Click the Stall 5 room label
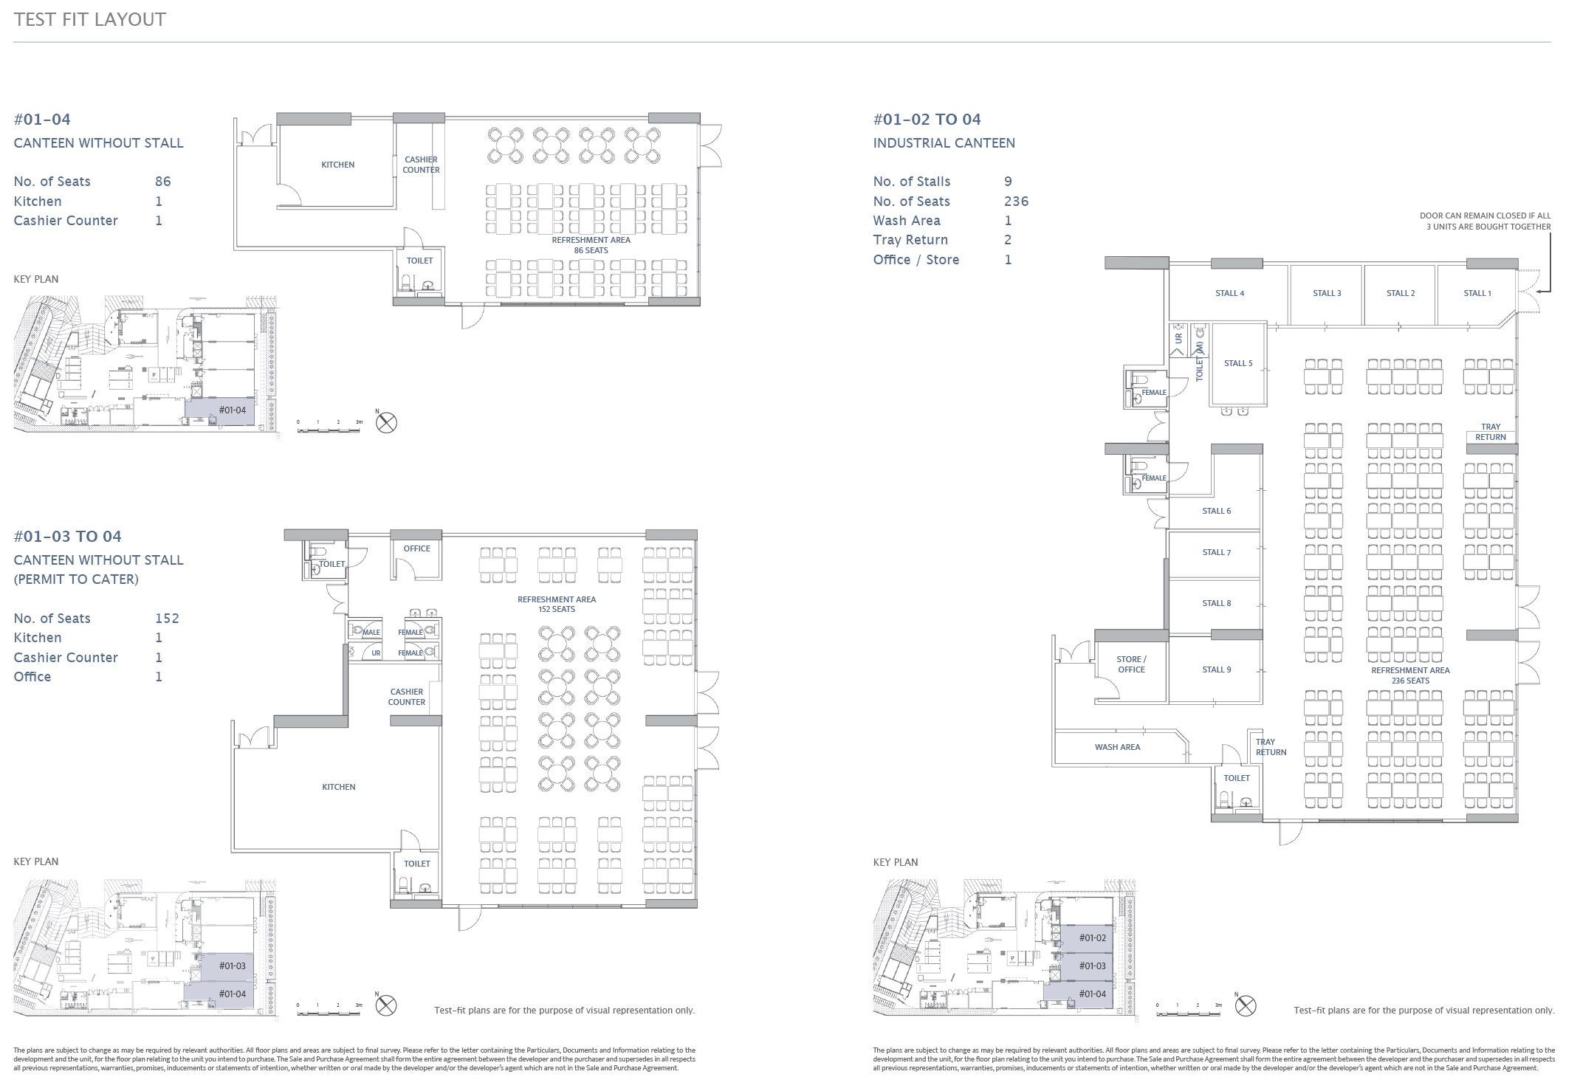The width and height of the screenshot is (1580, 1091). tap(1238, 363)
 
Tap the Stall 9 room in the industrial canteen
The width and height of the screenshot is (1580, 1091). tap(1216, 670)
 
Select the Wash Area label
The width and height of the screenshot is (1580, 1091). tap(1117, 747)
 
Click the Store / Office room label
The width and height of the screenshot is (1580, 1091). tap(1131, 664)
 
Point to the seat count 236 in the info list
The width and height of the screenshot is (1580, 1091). tap(1016, 202)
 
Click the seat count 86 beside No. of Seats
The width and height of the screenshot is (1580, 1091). tap(162, 182)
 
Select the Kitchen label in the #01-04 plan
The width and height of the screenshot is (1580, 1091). tap(337, 165)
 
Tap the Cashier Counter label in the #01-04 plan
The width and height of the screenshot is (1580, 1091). tap(421, 165)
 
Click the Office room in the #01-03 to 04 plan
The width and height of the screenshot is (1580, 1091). tap(416, 548)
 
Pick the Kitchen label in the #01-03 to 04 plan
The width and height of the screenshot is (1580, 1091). tap(338, 787)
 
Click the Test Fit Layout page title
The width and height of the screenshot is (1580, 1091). tap(90, 19)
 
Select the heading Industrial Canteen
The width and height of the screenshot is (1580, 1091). tap(944, 143)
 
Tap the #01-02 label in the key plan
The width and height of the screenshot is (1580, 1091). tap(1092, 938)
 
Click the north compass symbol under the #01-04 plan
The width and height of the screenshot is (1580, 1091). tap(386, 423)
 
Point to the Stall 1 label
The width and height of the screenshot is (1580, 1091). tap(1477, 293)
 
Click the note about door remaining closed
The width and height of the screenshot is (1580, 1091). tap(1485, 221)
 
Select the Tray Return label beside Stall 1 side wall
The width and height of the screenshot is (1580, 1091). tap(1490, 432)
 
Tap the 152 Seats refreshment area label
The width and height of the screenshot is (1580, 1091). tap(556, 604)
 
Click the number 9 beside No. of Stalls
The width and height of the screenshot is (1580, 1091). tap(1008, 182)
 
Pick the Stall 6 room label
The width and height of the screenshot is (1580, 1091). tap(1216, 511)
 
